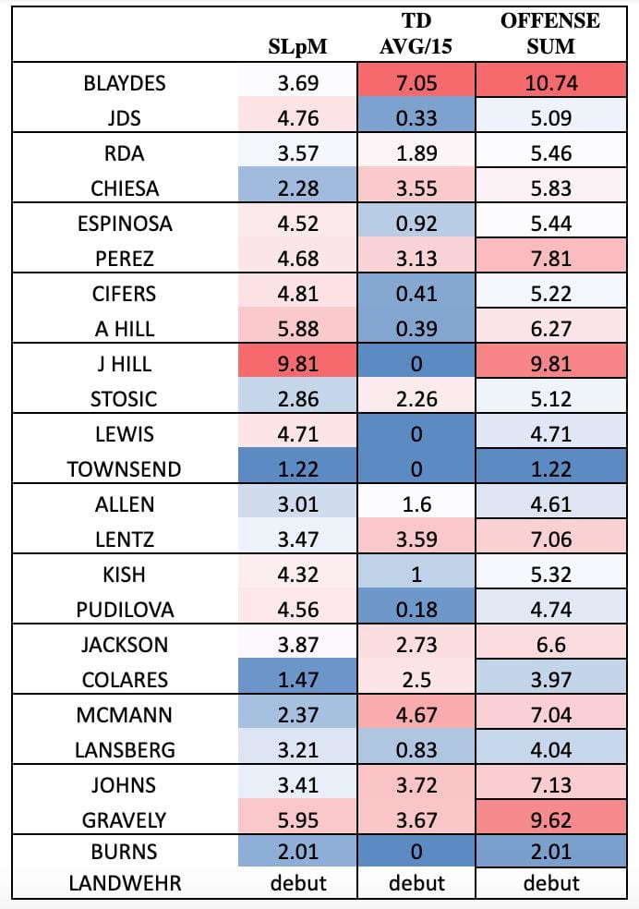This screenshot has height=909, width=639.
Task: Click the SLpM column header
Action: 298,43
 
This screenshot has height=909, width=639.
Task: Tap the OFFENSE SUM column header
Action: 549,32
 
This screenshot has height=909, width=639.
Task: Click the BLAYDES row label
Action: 125,83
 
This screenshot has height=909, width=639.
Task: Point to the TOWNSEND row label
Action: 125,469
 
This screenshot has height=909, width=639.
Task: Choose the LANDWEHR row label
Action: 125,883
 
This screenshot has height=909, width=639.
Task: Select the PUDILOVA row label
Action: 125,610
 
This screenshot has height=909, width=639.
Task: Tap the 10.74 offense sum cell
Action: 549,83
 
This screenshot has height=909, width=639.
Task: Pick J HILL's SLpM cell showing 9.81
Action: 298,364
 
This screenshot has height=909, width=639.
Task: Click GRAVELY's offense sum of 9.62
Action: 549,820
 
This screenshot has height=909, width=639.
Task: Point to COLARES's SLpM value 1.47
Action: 298,680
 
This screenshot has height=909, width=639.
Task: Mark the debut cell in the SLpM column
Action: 298,883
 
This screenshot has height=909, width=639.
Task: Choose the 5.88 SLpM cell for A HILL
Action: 298,329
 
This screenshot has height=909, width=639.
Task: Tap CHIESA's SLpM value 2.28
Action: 298,188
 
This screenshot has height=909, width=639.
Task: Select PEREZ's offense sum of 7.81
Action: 549,259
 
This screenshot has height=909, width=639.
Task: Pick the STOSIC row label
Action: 125,399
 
